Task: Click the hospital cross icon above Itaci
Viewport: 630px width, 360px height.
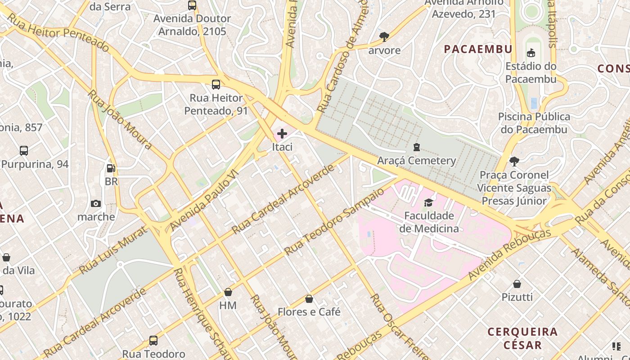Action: click(282, 134)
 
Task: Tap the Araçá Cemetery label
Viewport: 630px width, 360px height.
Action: click(416, 161)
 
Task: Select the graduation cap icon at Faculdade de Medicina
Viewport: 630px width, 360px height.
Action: click(428, 202)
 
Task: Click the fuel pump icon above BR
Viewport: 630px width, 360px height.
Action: click(111, 168)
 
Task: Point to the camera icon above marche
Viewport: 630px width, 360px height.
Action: click(96, 204)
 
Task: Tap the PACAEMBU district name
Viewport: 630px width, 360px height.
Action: click(478, 49)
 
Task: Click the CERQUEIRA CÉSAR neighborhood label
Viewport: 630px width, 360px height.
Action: click(522, 338)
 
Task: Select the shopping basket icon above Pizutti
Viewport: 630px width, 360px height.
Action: click(517, 284)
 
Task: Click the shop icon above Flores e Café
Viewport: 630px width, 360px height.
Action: click(309, 299)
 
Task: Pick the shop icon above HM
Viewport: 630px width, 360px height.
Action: click(228, 292)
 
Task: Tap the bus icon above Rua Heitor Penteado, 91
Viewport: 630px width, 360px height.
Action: click(216, 84)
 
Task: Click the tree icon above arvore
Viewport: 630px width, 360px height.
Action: click(384, 37)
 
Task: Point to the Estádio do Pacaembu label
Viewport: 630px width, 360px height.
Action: click(531, 72)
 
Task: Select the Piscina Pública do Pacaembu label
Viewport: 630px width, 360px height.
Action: click(534, 123)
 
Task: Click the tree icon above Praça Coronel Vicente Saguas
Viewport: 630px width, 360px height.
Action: click(514, 162)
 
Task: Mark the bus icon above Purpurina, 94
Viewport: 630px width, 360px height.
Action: click(24, 151)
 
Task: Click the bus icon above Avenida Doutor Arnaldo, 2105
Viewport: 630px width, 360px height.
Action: click(192, 5)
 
